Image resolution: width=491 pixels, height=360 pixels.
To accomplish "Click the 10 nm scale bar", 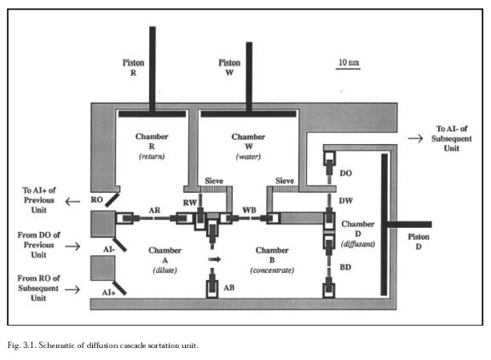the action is coord(348,68).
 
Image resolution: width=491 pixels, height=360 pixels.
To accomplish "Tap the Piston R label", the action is coord(133,67).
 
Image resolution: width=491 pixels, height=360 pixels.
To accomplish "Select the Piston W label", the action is coord(229,67).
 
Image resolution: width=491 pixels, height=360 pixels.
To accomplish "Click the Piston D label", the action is coord(419,241).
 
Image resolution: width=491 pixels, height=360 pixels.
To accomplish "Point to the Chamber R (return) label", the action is coord(152,147).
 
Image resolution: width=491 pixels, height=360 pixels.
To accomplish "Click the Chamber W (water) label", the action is coord(248,147).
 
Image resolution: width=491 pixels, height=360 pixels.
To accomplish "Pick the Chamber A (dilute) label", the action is coord(165,260).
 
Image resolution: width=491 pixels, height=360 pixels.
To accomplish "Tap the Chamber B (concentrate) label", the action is coord(272,260).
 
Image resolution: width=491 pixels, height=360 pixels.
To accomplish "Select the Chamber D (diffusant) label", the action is coord(358,234).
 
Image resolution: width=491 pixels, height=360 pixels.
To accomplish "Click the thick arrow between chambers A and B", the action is coord(215,259).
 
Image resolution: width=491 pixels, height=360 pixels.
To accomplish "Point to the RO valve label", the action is coord(97,200).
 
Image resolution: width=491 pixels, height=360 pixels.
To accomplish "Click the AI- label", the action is coord(109,249).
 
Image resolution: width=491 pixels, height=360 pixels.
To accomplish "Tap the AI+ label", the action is coord(108,293).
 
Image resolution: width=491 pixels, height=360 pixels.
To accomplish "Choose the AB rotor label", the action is coord(229,287).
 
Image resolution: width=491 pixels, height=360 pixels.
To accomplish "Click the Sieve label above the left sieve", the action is coord(214,181).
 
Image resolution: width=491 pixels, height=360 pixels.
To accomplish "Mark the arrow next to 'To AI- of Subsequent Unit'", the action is coord(415,138).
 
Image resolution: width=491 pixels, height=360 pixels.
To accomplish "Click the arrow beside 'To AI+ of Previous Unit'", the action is coord(72,201).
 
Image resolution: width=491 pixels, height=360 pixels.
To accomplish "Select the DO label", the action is coord(346,173).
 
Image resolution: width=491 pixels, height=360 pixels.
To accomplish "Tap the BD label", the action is coord(345,267).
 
